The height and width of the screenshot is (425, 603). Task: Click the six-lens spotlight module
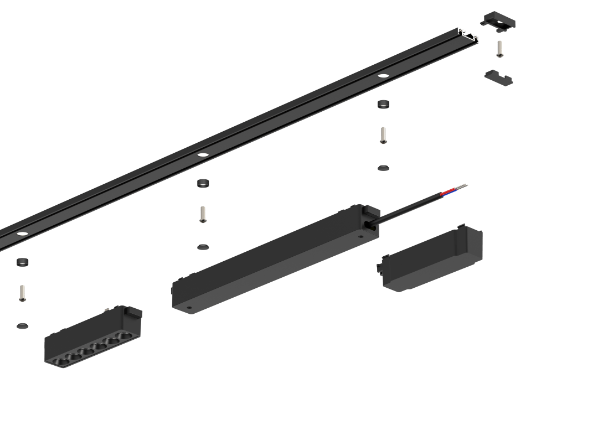click(x=93, y=339)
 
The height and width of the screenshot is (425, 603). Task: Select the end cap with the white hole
click(x=497, y=21)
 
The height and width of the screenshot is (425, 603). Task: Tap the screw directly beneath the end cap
click(x=499, y=48)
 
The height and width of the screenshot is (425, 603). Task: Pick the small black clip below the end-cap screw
click(x=498, y=77)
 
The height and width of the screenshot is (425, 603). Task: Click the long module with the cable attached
click(x=275, y=259)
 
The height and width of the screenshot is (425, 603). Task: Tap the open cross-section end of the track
click(x=468, y=35)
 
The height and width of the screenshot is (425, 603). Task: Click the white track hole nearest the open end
click(x=383, y=75)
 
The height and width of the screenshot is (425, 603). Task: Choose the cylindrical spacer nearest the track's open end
click(x=383, y=104)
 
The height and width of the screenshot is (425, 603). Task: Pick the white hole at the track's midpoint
click(x=203, y=154)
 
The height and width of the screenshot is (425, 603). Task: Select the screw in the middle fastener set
click(x=203, y=214)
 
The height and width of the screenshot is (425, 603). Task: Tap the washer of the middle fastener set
click(x=203, y=246)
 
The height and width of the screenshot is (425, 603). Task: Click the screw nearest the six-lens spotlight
click(x=22, y=293)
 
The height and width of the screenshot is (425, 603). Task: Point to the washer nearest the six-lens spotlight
click(x=22, y=325)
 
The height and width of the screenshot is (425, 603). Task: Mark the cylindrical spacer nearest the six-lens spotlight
click(x=22, y=262)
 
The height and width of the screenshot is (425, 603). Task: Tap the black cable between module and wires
click(x=410, y=208)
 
